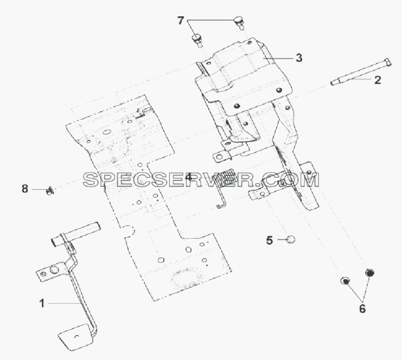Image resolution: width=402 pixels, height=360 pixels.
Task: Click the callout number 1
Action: click(x=42, y=304)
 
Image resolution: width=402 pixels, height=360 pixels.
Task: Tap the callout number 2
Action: click(x=378, y=80)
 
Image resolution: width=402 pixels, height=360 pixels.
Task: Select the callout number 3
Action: click(x=299, y=58)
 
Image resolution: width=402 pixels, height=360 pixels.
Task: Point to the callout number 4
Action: click(x=188, y=177)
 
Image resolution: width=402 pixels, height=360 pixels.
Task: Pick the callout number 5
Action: click(x=270, y=240)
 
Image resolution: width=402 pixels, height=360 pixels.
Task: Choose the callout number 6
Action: click(x=362, y=308)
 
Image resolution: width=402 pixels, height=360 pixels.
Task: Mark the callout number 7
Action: click(x=181, y=21)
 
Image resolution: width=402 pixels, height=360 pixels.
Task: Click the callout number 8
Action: click(x=25, y=189)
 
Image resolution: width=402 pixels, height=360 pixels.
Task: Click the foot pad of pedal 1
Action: click(x=75, y=337)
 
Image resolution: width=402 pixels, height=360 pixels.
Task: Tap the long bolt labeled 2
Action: click(x=361, y=72)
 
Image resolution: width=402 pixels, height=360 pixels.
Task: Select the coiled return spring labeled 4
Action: click(x=225, y=188)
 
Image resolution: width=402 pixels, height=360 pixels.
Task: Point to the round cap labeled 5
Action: click(x=290, y=240)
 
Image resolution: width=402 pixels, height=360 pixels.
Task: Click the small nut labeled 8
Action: click(x=49, y=190)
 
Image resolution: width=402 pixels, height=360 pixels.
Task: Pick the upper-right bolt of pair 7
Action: click(x=238, y=22)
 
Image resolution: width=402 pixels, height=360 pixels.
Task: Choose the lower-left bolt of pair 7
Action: click(x=197, y=40)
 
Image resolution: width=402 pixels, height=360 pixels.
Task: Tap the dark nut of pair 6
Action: click(x=369, y=272)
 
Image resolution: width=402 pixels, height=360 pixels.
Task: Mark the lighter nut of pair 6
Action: click(x=345, y=280)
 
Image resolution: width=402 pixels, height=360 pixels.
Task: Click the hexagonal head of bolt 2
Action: click(x=388, y=62)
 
